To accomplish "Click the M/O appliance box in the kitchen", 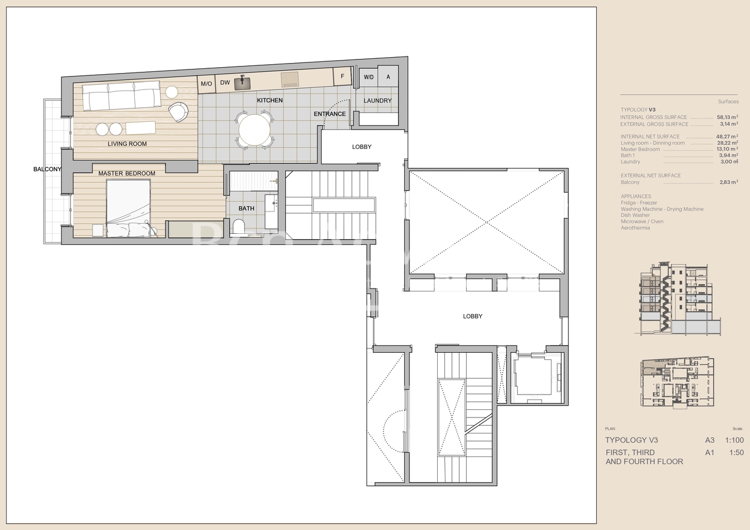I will pyautogui.click(x=206, y=84).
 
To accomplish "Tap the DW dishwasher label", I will pyautogui.click(x=224, y=83).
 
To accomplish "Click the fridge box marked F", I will pyautogui.click(x=342, y=76).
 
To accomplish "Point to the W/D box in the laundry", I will pyautogui.click(x=368, y=77).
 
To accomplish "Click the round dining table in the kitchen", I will pyautogui.click(x=255, y=130).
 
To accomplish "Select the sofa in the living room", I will pyautogui.click(x=121, y=96).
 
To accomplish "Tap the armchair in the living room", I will pyautogui.click(x=178, y=111).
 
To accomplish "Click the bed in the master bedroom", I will pyautogui.click(x=128, y=208).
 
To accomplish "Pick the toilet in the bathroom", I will pyautogui.click(x=239, y=226).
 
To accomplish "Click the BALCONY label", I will pyautogui.click(x=47, y=170).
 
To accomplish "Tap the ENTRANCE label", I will pyautogui.click(x=329, y=114).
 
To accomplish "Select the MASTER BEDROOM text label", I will pyautogui.click(x=127, y=173).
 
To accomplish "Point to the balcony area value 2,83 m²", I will pyautogui.click(x=728, y=183).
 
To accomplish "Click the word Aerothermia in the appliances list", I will pyautogui.click(x=635, y=228).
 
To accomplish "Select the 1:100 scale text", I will pyautogui.click(x=734, y=440).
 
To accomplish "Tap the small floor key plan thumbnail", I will pyautogui.click(x=677, y=382).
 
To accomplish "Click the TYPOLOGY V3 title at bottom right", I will pyautogui.click(x=632, y=440).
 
